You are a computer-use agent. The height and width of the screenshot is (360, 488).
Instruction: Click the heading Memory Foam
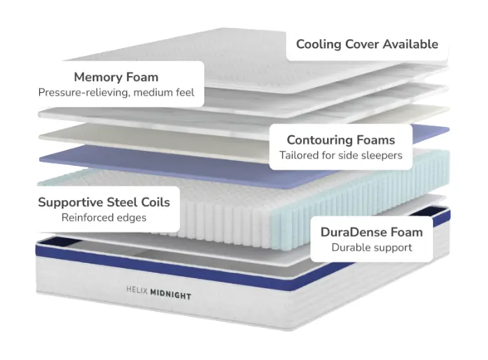coord(116,77)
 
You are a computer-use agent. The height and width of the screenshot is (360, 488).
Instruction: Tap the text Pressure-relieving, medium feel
coord(116,92)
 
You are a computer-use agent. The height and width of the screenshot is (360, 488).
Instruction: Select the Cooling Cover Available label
coord(367,44)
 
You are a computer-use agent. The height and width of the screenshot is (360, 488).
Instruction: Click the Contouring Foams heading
coord(341,140)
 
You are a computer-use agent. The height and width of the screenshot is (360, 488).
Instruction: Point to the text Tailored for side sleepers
coord(341,155)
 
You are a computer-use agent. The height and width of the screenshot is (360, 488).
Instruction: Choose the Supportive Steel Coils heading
coord(104,202)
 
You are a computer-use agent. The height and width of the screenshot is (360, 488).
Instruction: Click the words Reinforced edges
coord(104,218)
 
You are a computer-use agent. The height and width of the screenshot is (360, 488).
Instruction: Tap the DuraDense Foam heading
coord(372,232)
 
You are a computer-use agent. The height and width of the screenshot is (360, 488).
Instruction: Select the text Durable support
coord(372,247)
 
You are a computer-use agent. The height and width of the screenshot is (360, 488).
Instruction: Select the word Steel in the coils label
coord(119,202)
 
